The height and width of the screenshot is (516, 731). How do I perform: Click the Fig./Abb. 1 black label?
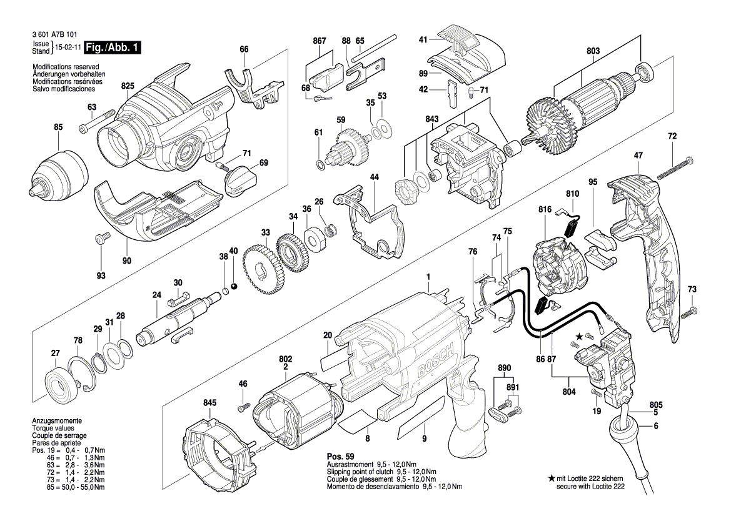[x=109, y=47]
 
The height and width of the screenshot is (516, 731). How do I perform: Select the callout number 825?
[x=128, y=86]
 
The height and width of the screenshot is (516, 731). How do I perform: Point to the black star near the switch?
[x=579, y=335]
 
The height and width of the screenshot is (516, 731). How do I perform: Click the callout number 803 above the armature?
[x=593, y=51]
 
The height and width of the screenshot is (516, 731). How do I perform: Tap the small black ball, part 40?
[x=234, y=286]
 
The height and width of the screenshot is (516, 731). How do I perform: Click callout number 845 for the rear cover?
[x=209, y=403]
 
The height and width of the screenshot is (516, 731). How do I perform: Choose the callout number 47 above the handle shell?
[x=638, y=156]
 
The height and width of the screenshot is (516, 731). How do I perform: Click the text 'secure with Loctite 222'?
[x=590, y=487]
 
